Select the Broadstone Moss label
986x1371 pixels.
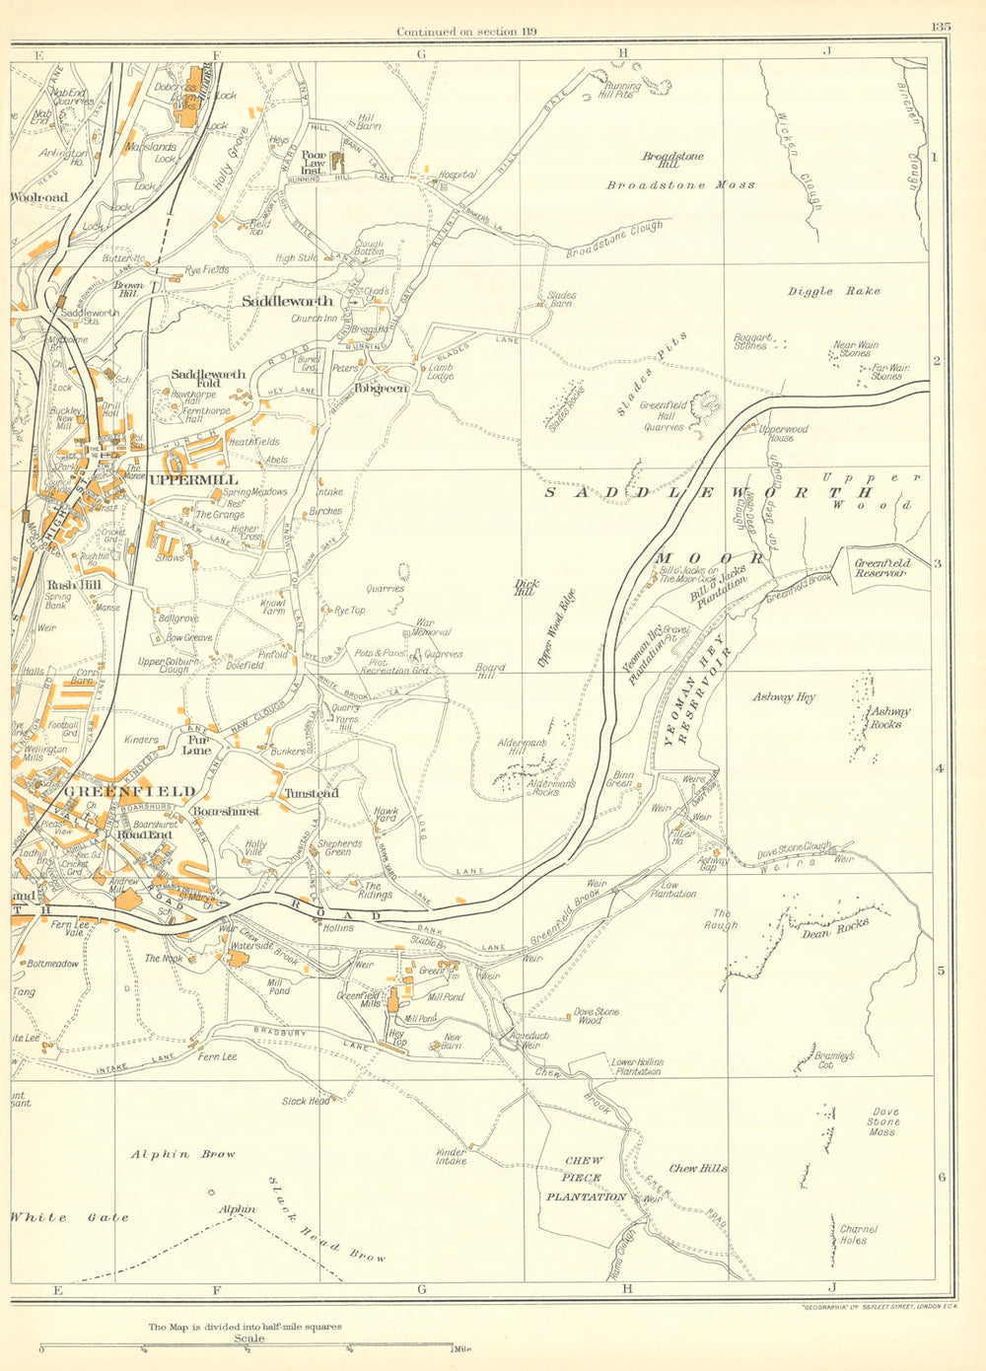coord(680,184)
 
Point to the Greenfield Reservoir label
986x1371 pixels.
coord(882,567)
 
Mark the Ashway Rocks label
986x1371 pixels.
coord(890,717)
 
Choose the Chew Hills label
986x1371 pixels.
coord(698,1169)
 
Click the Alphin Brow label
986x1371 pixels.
coord(184,1154)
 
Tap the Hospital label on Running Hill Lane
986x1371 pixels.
coord(458,175)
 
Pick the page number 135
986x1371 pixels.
coord(940,28)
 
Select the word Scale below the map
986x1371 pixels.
coord(248,1338)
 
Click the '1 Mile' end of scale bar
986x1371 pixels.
coord(461,1349)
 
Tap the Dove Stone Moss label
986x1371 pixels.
coord(882,1121)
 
